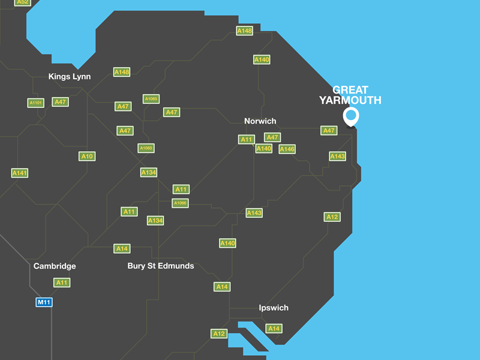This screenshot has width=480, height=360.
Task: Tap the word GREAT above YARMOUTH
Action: click(350, 90)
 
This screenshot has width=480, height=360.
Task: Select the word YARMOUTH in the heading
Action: click(350, 100)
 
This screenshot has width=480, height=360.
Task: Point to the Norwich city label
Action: click(260, 121)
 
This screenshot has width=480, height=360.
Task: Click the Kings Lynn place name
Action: click(70, 76)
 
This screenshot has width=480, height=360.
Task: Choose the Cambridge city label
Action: click(55, 266)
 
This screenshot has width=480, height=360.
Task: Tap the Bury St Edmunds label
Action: click(161, 266)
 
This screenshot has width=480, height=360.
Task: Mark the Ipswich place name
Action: click(274, 308)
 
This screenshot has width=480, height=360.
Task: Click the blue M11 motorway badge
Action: click(44, 302)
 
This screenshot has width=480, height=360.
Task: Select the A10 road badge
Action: click(87, 156)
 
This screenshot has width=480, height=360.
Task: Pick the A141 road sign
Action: click(20, 173)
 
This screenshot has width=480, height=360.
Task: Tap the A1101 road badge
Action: click(36, 103)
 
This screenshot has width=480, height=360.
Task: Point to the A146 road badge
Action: click(287, 149)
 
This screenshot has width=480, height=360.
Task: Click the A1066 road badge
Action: click(180, 203)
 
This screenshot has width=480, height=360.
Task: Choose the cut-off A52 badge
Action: click(23, 2)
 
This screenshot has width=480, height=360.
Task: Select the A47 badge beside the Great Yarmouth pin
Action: click(329, 130)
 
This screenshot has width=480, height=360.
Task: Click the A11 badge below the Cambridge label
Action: click(62, 283)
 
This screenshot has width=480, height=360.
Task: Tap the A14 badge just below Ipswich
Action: click(274, 328)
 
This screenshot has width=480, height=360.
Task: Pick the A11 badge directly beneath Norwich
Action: click(247, 139)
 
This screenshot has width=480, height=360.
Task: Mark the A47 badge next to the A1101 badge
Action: click(60, 102)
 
